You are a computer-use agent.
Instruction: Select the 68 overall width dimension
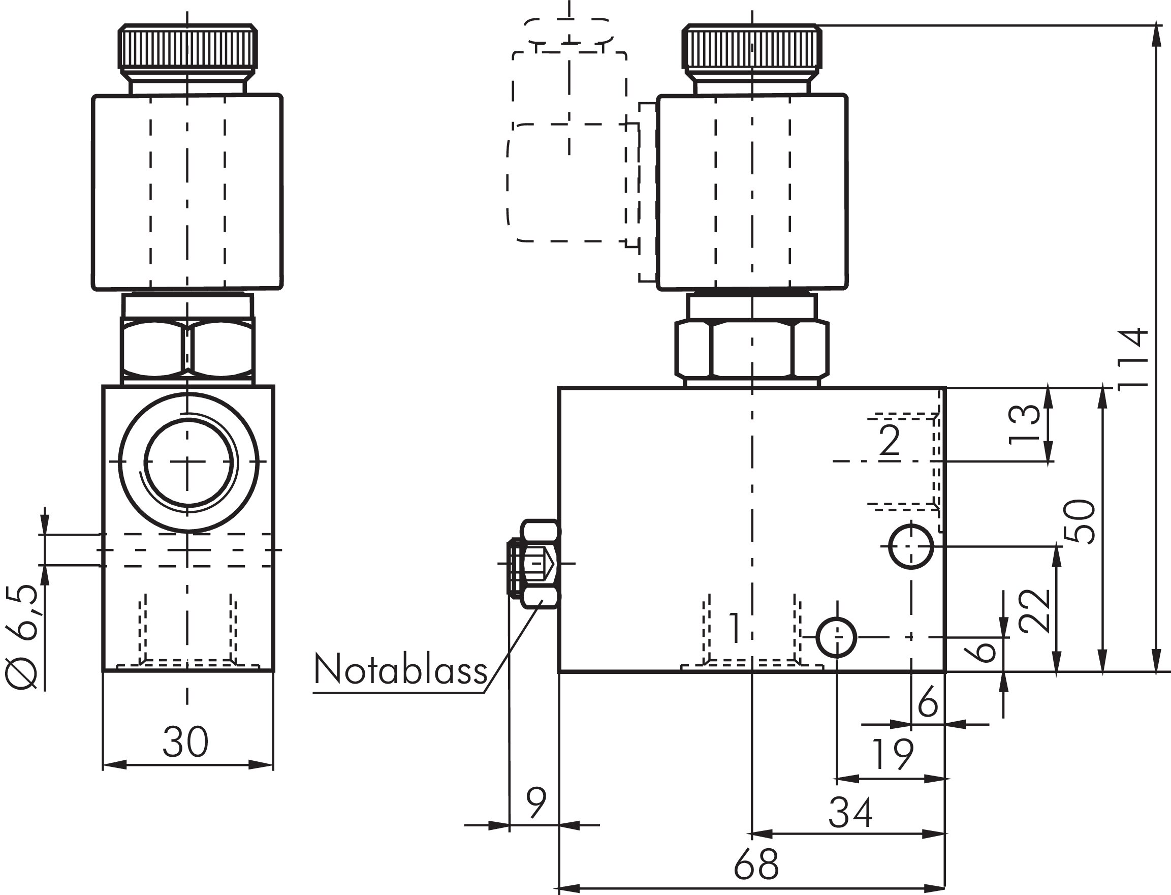click(x=755, y=864)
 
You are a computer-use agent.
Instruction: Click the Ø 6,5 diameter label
click(x=22, y=637)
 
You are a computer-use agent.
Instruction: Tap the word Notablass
click(x=400, y=670)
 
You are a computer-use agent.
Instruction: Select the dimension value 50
click(x=1079, y=521)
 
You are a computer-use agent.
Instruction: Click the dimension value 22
click(x=1034, y=611)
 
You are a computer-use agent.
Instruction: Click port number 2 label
click(x=890, y=441)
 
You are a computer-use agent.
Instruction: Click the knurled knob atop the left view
click(x=187, y=48)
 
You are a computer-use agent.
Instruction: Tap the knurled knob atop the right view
click(x=751, y=48)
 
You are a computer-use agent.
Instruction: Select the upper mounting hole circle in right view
click(x=911, y=546)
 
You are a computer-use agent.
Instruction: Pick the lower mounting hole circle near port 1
click(x=837, y=637)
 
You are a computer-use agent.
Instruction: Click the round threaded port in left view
click(x=187, y=462)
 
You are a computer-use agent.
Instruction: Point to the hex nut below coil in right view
click(x=751, y=349)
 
